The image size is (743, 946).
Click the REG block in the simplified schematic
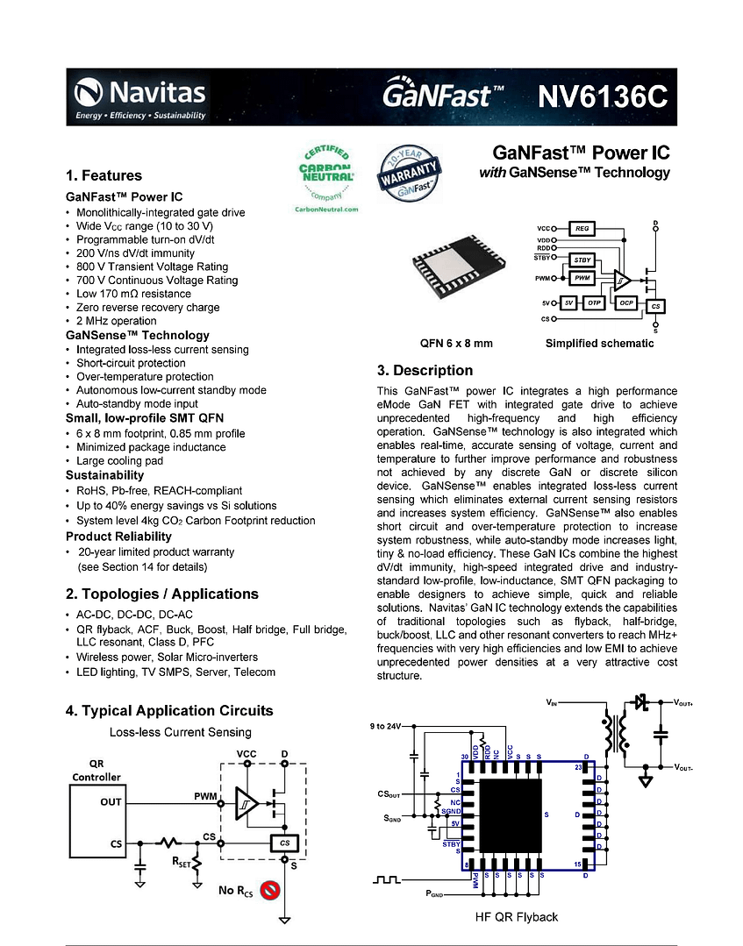[582, 229]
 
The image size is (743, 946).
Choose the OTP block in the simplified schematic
[594, 302]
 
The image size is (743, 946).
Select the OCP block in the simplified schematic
[626, 302]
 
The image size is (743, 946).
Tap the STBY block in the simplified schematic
[582, 260]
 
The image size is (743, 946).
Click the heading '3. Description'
[425, 370]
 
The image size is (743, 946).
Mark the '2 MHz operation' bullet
[117, 321]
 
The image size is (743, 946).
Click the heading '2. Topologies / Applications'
[161, 594]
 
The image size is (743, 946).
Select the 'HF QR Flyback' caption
[516, 917]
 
